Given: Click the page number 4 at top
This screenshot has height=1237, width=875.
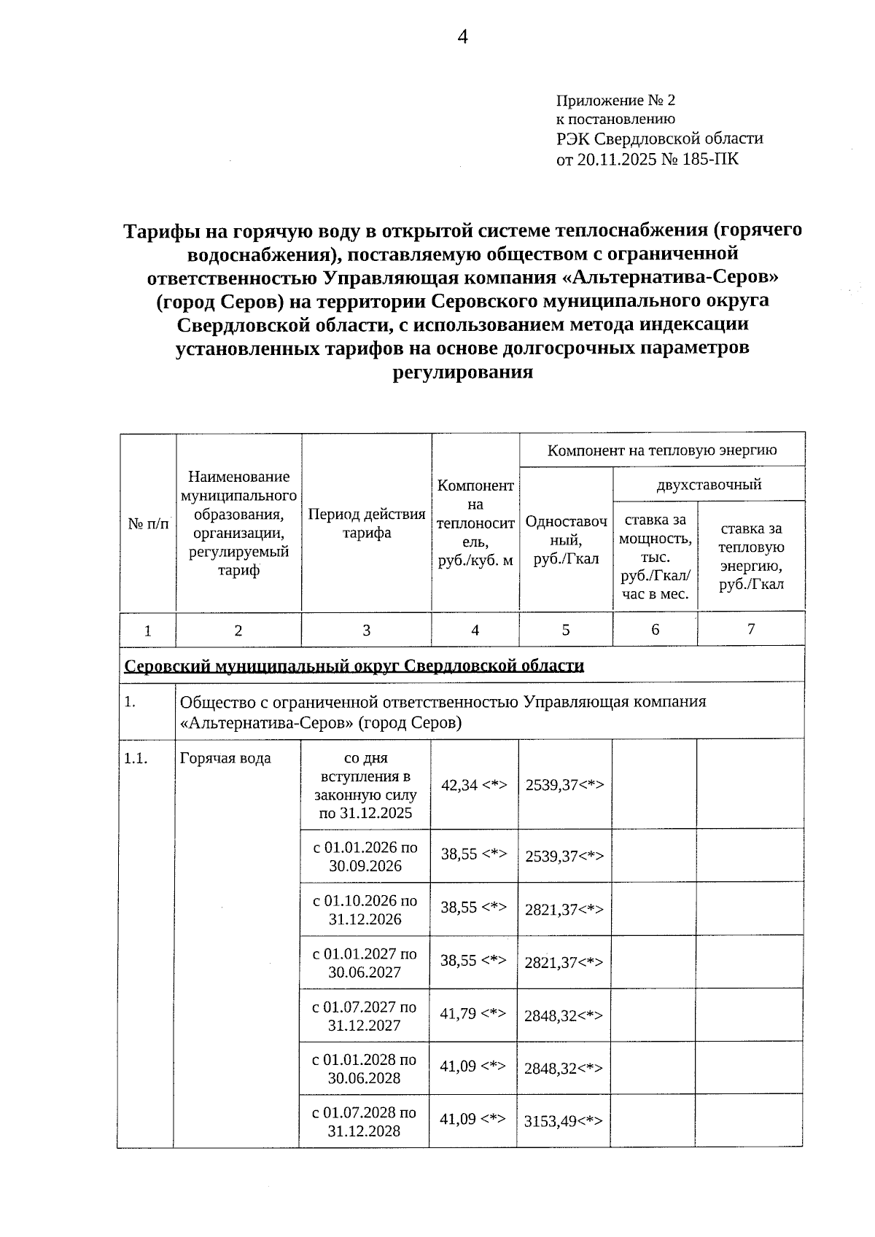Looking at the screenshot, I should [462, 38].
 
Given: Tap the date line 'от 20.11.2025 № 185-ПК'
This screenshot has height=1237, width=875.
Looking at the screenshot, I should [647, 158].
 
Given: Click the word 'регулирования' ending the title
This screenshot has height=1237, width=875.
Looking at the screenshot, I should [463, 372].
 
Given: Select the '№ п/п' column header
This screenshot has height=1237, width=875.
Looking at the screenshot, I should [148, 523].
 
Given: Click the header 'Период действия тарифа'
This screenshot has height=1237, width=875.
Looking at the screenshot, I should [366, 523].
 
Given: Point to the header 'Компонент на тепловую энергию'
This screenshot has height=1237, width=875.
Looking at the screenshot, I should [662, 450].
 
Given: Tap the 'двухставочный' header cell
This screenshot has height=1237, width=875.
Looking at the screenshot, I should [709, 484].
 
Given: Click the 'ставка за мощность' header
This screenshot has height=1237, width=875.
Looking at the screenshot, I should [655, 556].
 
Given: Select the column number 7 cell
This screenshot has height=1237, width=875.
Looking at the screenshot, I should [750, 628].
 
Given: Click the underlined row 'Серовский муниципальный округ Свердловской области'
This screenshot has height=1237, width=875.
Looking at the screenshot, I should [354, 666].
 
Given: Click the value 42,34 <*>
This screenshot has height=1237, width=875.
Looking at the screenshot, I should [474, 784].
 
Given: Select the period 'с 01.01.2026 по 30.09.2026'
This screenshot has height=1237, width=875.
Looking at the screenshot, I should [365, 856].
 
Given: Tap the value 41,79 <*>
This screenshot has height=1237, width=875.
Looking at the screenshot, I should [473, 1013].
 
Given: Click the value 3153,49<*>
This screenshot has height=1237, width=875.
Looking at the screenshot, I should [564, 1122].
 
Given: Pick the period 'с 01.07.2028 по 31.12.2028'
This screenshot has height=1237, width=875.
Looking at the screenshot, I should [365, 1122].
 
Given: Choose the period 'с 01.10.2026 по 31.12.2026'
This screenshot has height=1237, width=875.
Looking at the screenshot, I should [365, 910].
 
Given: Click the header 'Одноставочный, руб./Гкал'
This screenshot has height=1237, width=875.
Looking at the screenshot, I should [566, 540].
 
